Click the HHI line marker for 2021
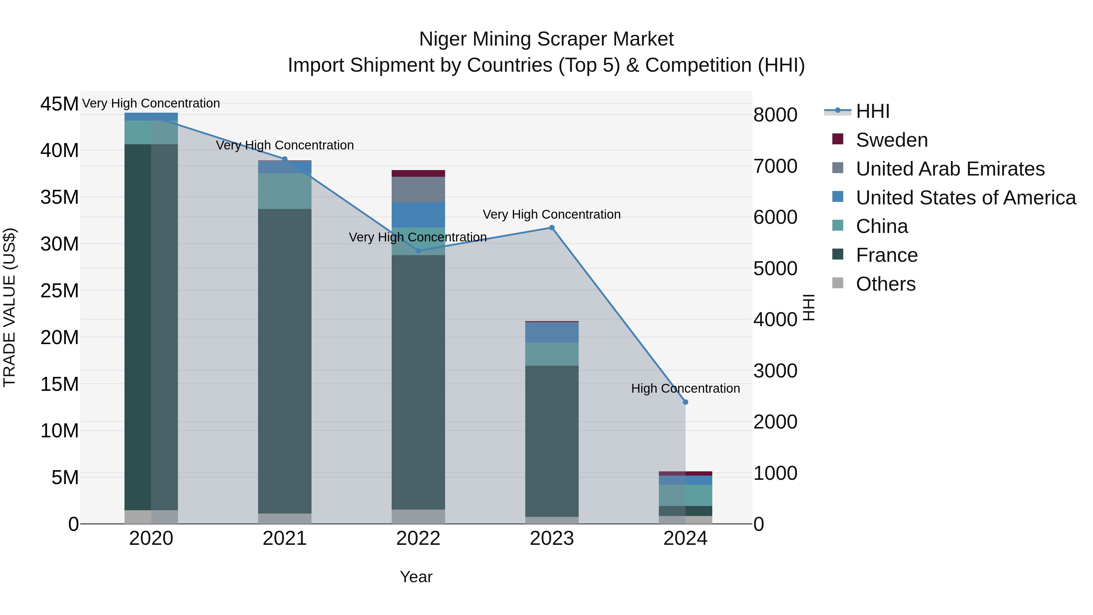(285, 159)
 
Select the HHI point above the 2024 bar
(685, 402)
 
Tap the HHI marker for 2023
(552, 228)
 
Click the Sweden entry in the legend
(891, 140)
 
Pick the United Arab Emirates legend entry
(950, 169)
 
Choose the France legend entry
(886, 255)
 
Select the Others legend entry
(886, 284)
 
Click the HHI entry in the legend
(872, 111)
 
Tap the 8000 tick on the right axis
(775, 115)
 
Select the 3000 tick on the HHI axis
(775, 371)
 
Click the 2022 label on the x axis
(418, 538)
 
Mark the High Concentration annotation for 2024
(685, 388)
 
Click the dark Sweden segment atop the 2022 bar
(418, 173)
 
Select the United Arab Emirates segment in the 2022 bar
(418, 190)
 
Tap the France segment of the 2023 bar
(552, 441)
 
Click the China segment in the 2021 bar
(285, 191)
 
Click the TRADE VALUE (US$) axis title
(9, 307)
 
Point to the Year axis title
(416, 577)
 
